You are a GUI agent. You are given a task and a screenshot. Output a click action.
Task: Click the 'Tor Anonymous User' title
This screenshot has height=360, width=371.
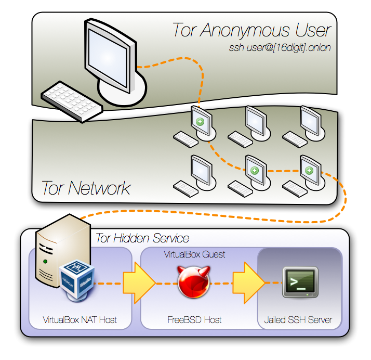(x=251, y=30)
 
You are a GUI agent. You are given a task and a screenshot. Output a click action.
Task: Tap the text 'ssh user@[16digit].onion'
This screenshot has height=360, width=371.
(x=280, y=48)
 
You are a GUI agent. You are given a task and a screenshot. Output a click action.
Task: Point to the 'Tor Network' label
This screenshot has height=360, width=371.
(x=86, y=188)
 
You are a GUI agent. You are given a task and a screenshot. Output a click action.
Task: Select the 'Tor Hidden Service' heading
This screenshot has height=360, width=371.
(x=142, y=238)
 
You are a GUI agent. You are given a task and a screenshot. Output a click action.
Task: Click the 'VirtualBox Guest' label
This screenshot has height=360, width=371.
(x=194, y=254)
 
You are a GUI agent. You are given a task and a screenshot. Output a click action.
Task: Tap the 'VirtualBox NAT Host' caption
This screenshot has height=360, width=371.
(x=79, y=320)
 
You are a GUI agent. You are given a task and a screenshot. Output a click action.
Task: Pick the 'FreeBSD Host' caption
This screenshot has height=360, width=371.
(x=194, y=320)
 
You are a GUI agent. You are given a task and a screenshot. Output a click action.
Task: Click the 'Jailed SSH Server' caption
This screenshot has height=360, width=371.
(x=298, y=320)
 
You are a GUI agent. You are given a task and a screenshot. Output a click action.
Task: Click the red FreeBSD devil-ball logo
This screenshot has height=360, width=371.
(x=194, y=281)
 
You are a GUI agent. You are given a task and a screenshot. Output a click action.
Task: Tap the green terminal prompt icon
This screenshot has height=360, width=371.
(x=300, y=282)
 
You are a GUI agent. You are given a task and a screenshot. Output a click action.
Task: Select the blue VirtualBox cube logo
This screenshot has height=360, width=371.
(x=77, y=280)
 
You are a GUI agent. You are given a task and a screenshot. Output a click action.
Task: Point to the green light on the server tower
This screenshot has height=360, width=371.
(x=45, y=262)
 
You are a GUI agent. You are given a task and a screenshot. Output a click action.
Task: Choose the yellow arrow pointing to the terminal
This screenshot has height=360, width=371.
(x=249, y=283)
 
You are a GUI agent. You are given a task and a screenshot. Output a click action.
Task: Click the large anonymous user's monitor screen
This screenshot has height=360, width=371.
(x=108, y=58)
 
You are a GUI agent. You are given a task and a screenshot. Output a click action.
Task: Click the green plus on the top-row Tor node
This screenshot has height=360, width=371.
(x=200, y=122)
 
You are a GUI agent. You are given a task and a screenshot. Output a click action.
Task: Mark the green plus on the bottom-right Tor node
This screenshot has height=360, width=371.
(x=309, y=170)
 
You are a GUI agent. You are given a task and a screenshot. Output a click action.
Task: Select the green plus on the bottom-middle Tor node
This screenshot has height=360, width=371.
(x=255, y=170)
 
